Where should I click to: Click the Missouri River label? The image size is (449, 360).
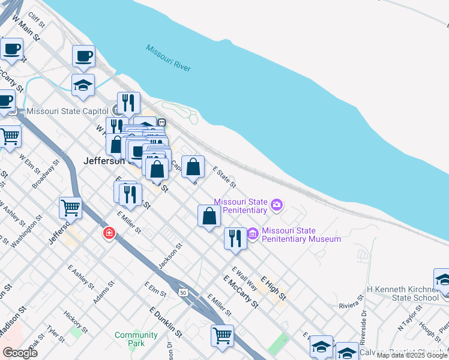(168, 58)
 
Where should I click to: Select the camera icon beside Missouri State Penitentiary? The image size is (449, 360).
(276, 205)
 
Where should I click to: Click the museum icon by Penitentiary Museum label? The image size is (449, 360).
(253, 233)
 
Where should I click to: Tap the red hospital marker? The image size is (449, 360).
(109, 233)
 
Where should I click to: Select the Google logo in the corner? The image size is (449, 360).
(20, 353)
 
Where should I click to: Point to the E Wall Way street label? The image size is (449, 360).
(244, 278)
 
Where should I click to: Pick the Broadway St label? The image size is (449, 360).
(46, 174)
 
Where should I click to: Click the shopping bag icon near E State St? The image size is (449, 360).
(193, 166)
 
